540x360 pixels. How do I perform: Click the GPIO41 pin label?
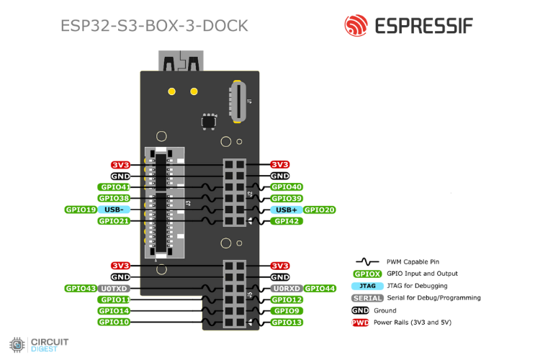point(114,187)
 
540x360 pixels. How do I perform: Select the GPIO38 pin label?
point(114,198)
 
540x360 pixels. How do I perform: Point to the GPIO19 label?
point(81,210)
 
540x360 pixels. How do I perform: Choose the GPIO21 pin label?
point(114,221)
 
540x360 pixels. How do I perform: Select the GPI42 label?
point(286,221)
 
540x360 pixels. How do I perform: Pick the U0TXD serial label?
point(114,288)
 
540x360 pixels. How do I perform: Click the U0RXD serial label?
point(286,288)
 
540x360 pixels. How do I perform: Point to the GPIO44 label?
point(320,288)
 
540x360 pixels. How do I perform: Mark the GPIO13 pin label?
point(287,322)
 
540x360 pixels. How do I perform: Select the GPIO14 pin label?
point(114,311)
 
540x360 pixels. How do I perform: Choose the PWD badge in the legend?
point(360,323)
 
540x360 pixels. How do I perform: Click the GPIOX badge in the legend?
point(366,274)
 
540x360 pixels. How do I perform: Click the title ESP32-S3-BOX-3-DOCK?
point(155,26)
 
